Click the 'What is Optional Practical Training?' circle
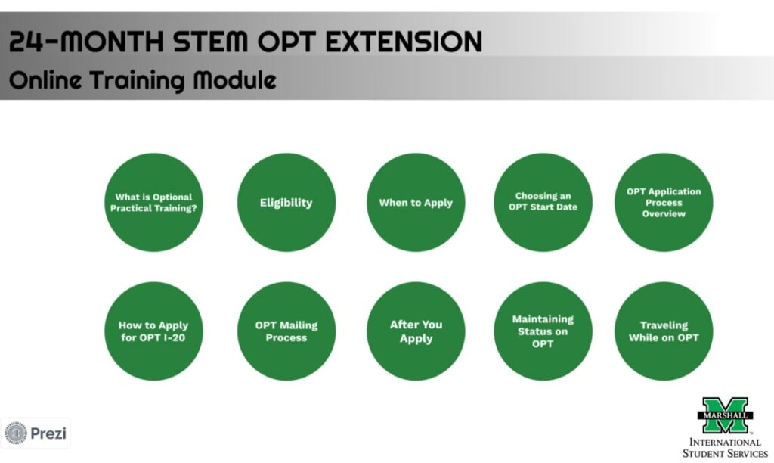[153, 202]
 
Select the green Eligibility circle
[286, 202]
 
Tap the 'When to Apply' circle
[416, 202]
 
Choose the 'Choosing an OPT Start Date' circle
[543, 202]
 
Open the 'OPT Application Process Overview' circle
[664, 202]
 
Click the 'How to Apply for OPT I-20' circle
[153, 331]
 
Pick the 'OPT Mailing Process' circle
[286, 331]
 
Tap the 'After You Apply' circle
[416, 331]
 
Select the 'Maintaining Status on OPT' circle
[543, 331]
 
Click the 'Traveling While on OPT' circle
[664, 331]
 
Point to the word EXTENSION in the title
[398, 41]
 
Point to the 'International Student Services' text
[725, 447]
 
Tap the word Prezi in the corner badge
[48, 433]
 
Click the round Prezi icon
[16, 433]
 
